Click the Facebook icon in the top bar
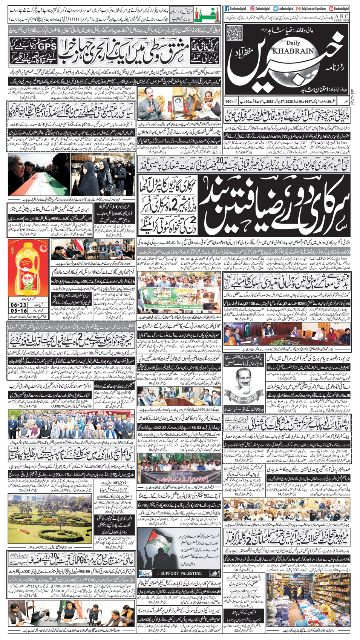(x=227, y=8)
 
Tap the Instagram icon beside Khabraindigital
(x=252, y=8)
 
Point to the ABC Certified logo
(x=342, y=18)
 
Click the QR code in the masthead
(x=234, y=33)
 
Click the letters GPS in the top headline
(x=46, y=46)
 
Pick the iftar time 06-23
(x=19, y=305)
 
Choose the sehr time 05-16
(x=19, y=311)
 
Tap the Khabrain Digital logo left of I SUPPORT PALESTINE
(x=146, y=574)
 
